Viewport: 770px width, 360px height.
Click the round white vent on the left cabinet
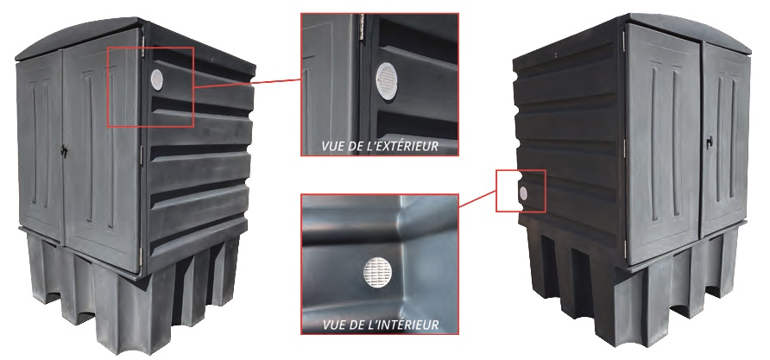pyautogui.click(x=157, y=79)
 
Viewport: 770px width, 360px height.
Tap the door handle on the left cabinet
pyautogui.click(x=64, y=150)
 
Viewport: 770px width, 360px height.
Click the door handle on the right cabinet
pyautogui.click(x=709, y=142)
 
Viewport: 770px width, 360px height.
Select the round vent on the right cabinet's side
pyautogui.click(x=523, y=193)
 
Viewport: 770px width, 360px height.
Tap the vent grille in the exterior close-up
pyautogui.click(x=387, y=81)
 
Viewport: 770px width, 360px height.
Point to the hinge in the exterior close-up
pyautogui.click(x=363, y=28)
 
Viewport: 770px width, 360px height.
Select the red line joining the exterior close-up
pyautogui.click(x=247, y=83)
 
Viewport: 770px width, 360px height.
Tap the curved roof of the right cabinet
pyautogui.click(x=687, y=29)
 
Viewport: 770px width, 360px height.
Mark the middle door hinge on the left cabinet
pyautogui.click(x=141, y=155)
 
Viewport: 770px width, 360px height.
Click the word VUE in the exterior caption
pyautogui.click(x=331, y=146)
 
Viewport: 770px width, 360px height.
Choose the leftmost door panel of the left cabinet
pyautogui.click(x=40, y=148)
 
